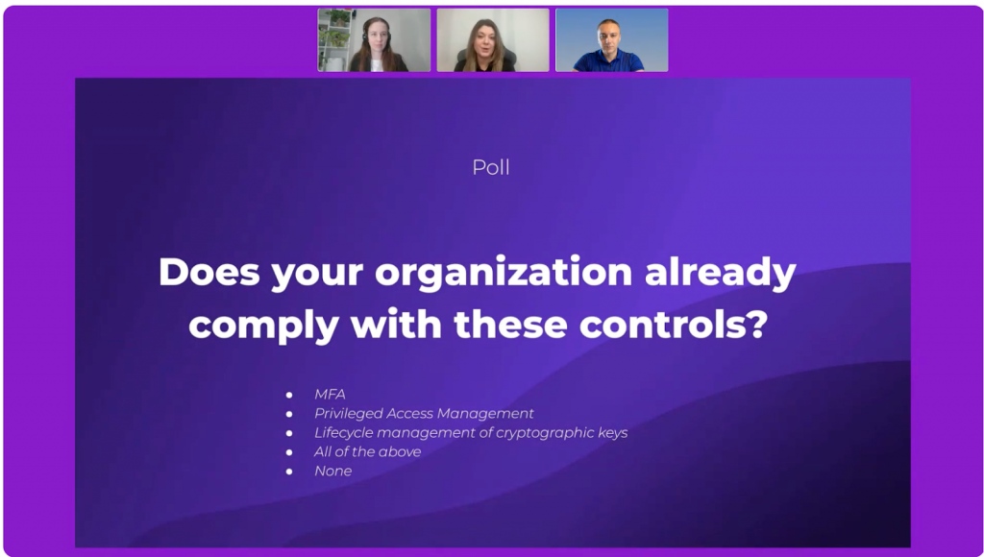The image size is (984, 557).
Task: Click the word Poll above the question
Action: click(491, 167)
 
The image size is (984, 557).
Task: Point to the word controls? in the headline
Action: click(673, 325)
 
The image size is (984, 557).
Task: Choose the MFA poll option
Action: click(330, 395)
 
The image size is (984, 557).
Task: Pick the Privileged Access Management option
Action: click(424, 414)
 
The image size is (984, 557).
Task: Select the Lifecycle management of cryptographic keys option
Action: click(471, 433)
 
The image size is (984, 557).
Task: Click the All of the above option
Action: click(367, 451)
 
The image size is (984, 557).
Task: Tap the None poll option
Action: click(332, 472)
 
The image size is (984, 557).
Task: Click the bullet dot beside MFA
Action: click(289, 395)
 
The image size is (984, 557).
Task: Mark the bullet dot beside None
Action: click(289, 472)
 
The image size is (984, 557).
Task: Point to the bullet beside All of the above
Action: click(289, 452)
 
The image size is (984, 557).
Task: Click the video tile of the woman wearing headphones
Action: click(374, 40)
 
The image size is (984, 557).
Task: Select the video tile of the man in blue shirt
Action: click(612, 40)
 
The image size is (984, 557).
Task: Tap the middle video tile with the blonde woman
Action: click(493, 40)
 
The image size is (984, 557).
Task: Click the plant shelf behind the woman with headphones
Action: click(333, 38)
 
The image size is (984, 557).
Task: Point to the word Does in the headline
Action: click(209, 272)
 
